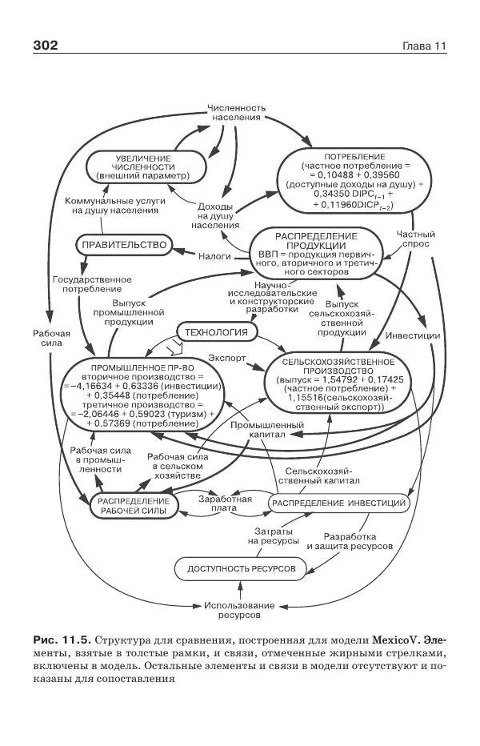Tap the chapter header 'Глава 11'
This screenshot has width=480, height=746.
click(423, 46)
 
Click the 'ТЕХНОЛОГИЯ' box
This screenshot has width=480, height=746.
click(216, 332)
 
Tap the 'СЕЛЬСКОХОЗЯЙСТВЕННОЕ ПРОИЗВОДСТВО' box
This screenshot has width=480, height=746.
click(333, 384)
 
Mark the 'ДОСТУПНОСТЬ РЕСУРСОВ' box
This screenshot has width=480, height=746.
click(241, 568)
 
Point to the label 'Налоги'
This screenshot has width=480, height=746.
click(214, 256)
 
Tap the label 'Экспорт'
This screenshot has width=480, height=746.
click(226, 356)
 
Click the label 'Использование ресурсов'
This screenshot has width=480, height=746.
click(238, 610)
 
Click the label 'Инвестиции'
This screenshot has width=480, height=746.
click(412, 335)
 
